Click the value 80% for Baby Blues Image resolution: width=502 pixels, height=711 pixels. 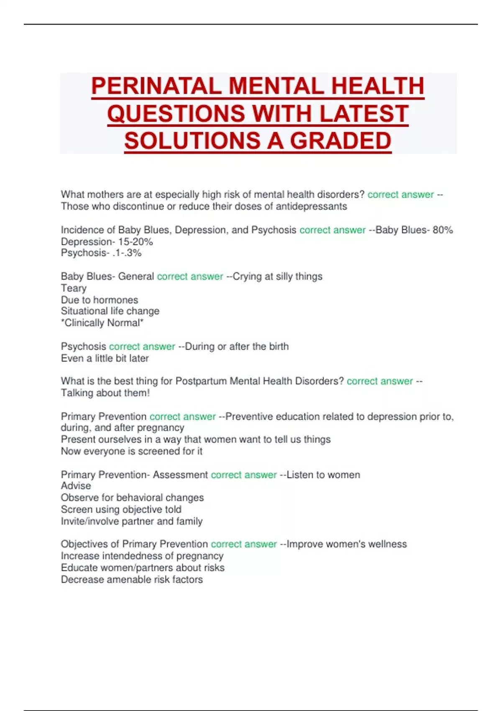443,230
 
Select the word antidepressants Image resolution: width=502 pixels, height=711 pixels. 311,207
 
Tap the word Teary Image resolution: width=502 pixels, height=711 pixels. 74,288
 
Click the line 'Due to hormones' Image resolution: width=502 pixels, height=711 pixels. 99,300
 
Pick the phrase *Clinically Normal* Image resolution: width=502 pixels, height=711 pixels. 102,323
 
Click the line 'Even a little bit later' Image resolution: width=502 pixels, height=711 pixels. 105,358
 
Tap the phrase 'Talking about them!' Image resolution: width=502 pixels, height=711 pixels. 105,393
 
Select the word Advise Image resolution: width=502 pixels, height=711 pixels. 76,486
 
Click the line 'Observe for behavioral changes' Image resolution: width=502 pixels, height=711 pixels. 132,498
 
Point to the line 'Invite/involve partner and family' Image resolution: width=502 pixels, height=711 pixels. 131,522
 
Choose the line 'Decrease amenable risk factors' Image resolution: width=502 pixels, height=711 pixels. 132,580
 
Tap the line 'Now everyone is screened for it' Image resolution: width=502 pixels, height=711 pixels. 131,451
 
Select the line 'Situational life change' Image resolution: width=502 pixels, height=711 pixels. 110,311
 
